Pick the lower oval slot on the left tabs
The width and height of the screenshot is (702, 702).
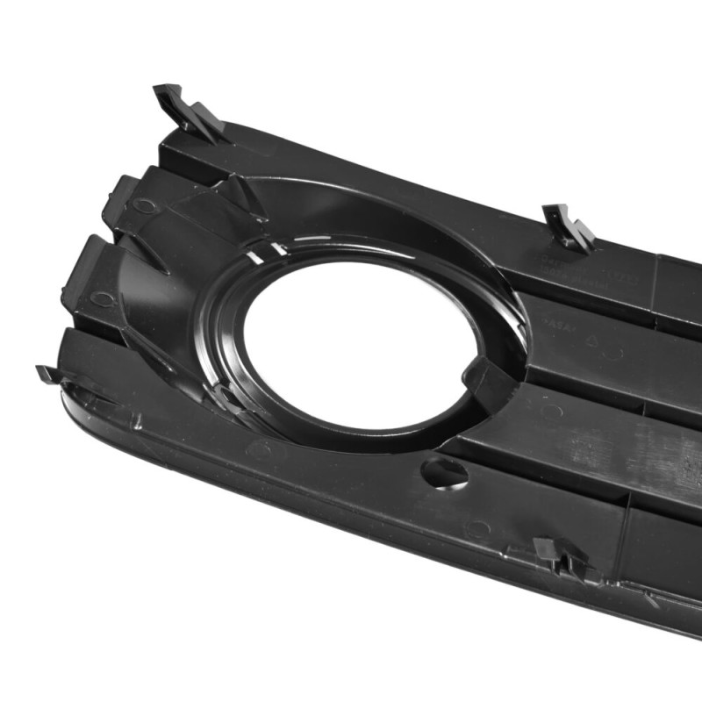click(x=101, y=298)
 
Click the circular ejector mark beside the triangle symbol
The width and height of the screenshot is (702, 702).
click(x=614, y=353)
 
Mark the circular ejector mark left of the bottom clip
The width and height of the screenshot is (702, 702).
click(x=477, y=529)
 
